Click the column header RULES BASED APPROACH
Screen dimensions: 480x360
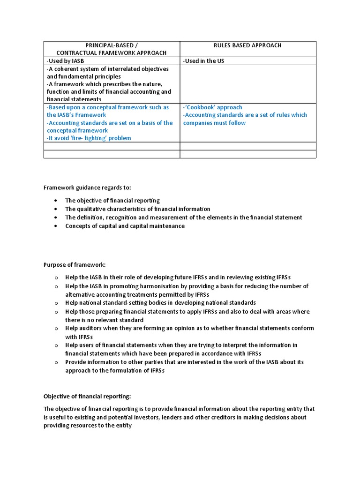click(247, 45)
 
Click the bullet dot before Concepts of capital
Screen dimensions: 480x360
click(55, 226)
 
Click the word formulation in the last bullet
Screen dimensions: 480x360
click(118, 370)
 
